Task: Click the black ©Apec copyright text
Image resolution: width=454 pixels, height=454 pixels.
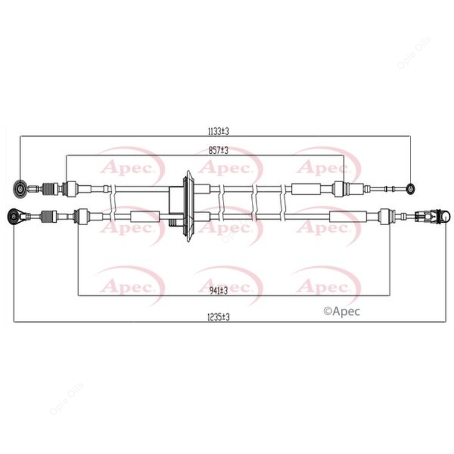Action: click(x=342, y=311)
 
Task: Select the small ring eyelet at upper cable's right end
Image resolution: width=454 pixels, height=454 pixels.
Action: click(x=412, y=188)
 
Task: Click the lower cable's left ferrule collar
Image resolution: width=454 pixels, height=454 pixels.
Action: click(x=81, y=215)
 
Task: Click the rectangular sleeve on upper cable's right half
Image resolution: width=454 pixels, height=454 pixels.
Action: click(x=306, y=188)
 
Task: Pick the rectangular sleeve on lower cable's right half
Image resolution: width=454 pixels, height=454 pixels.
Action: click(x=342, y=215)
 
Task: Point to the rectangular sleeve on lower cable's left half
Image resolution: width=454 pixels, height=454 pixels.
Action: click(x=144, y=215)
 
